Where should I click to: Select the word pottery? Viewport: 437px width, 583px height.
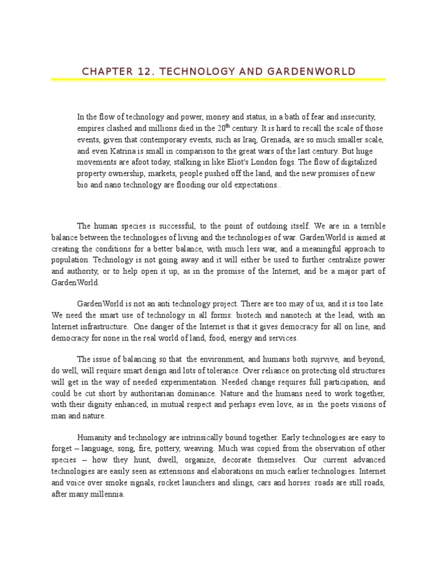tap(183, 447)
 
